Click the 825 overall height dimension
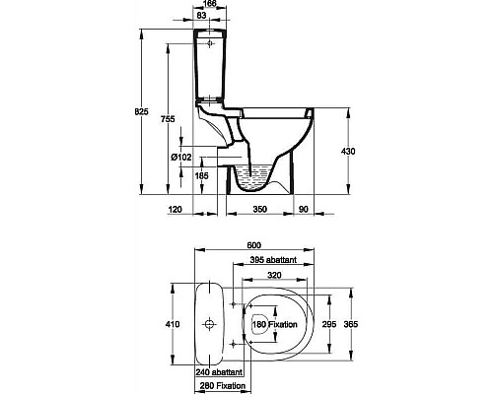142,111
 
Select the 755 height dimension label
168,119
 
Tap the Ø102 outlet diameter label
181,158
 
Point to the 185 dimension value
201,175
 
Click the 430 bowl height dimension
348,152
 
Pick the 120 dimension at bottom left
175,209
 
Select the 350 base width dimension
260,209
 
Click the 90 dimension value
304,209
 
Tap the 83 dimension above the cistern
202,15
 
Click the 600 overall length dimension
254,245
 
